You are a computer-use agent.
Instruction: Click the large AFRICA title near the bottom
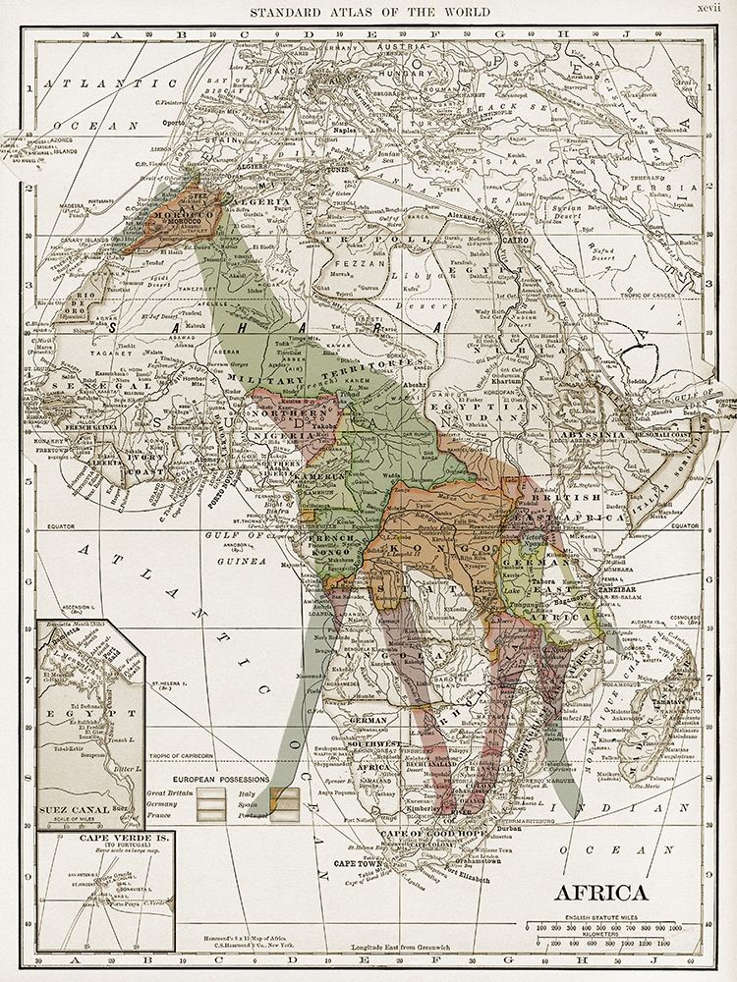click(600, 893)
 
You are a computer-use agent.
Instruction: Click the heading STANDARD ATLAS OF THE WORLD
click(368, 12)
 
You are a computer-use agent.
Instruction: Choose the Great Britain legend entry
click(193, 791)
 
